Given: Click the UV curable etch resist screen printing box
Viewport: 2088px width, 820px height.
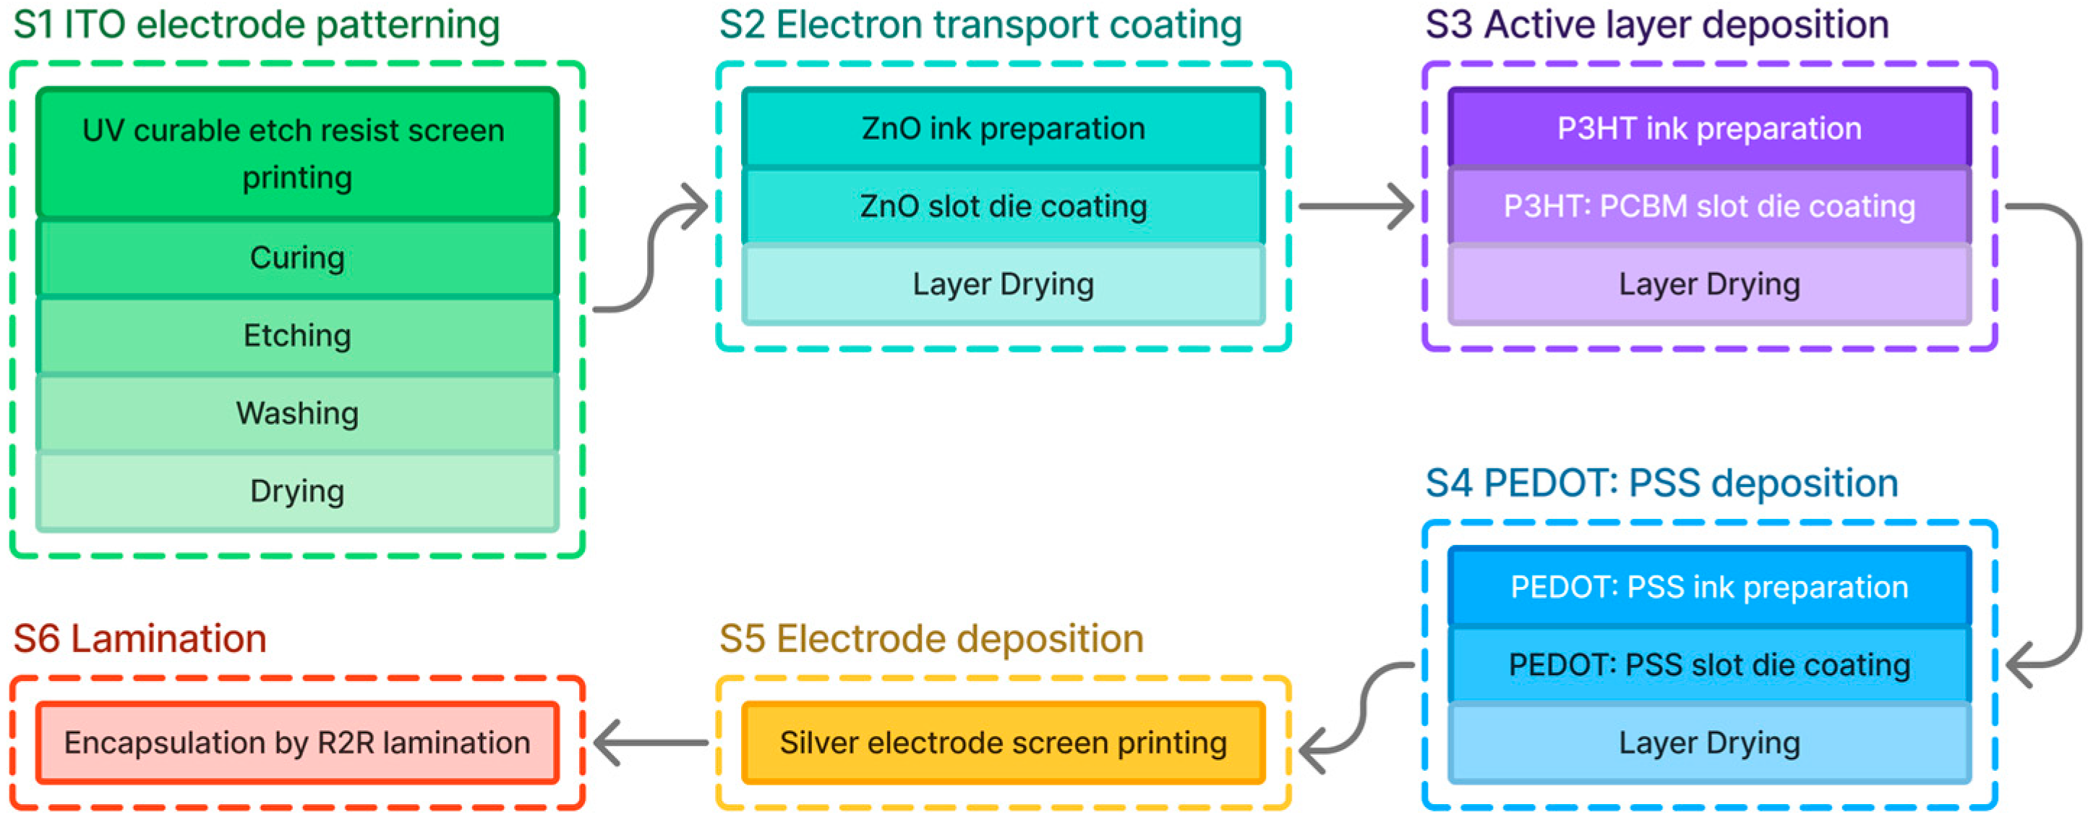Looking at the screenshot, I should (x=297, y=153).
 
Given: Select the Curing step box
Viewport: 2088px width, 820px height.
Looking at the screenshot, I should (x=297, y=257).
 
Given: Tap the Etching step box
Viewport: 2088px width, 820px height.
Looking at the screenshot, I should (x=297, y=335).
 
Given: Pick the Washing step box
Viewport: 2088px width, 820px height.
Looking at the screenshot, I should (x=297, y=413).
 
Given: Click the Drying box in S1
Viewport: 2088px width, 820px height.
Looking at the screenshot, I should (x=297, y=491).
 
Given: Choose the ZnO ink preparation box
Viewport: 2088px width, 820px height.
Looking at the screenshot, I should (x=1003, y=128).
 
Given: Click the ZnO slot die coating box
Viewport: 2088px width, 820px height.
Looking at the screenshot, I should (x=1003, y=206).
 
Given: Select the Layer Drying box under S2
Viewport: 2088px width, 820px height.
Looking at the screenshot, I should (x=1003, y=284).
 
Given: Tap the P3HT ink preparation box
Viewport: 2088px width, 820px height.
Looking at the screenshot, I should (x=1708, y=128).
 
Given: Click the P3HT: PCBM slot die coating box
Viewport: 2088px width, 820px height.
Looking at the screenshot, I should (x=1708, y=206).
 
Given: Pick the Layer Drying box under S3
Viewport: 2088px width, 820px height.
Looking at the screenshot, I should (x=1708, y=284).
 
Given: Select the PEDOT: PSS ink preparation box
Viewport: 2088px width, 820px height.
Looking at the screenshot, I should (x=1708, y=586).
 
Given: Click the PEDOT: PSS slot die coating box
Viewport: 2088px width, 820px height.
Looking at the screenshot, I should (x=1708, y=664).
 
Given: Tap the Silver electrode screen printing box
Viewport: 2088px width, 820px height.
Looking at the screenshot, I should (x=1003, y=742).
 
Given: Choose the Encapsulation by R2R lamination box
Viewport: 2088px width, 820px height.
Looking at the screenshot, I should (x=297, y=742).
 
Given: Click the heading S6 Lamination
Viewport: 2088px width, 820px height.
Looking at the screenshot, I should (x=140, y=638).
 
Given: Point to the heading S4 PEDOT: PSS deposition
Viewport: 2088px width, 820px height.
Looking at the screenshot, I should (x=1661, y=483).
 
